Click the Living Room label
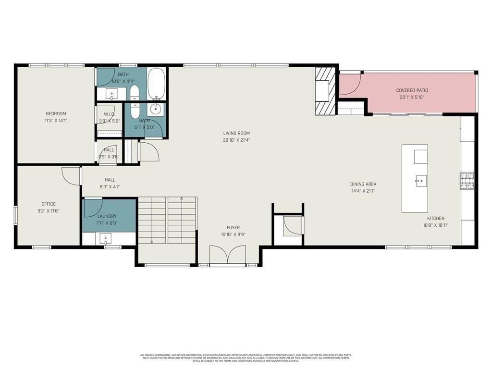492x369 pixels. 236,133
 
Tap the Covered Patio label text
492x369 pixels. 412,90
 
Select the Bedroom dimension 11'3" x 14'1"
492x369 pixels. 56,121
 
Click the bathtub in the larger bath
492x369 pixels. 156,84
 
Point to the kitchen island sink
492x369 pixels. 420,181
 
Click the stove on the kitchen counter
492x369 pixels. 467,181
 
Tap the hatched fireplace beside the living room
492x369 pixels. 325,91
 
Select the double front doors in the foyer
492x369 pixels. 228,255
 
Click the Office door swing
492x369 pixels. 71,175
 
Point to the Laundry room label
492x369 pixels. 107,216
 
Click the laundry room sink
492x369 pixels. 106,238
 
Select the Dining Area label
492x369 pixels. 363,184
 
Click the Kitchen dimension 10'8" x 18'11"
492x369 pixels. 436,225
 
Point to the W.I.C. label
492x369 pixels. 109,114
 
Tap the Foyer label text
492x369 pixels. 233,228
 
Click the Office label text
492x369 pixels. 48,204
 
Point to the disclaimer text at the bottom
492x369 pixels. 246,358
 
